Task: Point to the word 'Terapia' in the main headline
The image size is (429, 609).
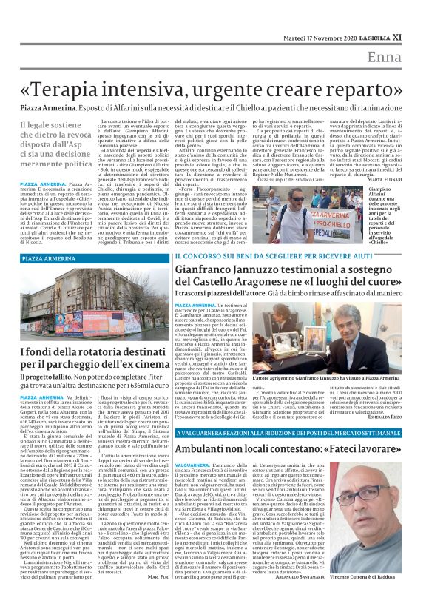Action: click(x=81, y=87)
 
